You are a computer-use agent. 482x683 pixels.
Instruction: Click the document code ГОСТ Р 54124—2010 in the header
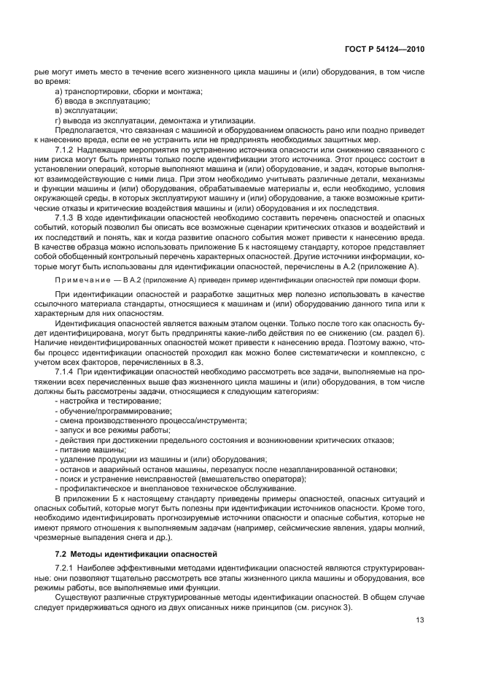386,49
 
